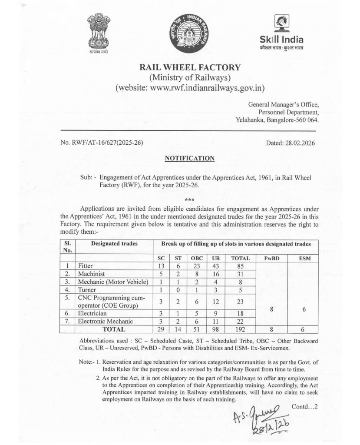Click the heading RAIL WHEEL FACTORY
[x=189, y=68]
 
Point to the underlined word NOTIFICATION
[x=190, y=158]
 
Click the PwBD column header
[x=271, y=258]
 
